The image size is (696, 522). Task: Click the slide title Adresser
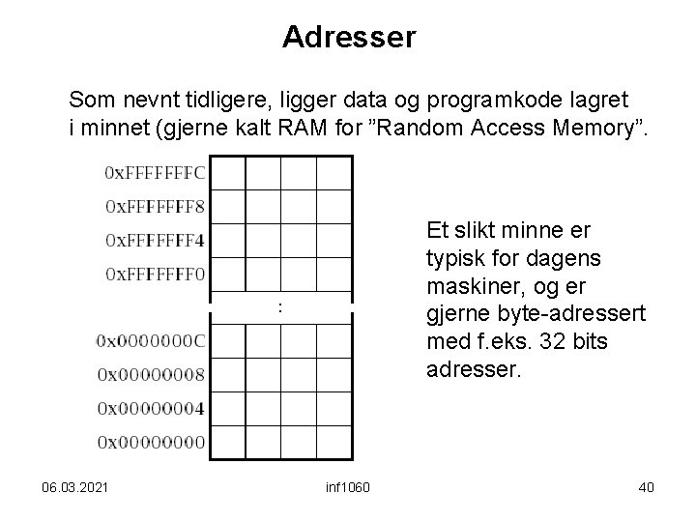(x=349, y=38)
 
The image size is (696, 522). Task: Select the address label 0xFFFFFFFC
(x=154, y=173)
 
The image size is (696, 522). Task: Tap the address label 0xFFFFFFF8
(x=154, y=206)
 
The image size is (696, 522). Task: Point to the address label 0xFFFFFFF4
(x=154, y=240)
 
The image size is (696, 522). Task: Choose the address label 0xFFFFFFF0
(x=154, y=274)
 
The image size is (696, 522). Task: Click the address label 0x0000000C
(x=151, y=340)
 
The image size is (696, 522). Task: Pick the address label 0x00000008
(x=151, y=374)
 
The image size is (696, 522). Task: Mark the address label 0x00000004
(x=151, y=408)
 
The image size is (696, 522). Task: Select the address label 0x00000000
(x=151, y=442)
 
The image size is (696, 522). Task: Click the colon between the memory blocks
(x=279, y=307)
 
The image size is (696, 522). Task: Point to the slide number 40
(x=646, y=485)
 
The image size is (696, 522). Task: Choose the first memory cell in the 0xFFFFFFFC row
(x=229, y=173)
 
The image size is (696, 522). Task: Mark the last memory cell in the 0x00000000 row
(x=333, y=442)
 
